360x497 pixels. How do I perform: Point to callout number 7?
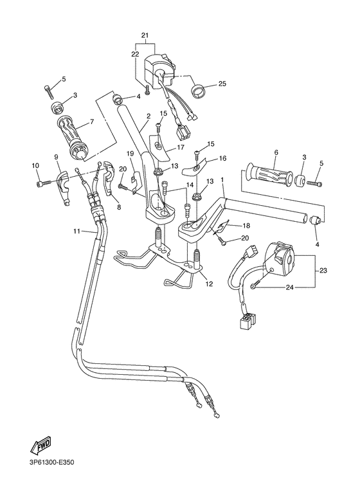tap(91, 122)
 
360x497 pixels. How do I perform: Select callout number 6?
tap(276, 152)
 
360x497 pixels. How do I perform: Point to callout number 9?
tap(56, 157)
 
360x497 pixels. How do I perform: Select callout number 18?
tap(246, 226)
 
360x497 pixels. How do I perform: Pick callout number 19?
tap(130, 153)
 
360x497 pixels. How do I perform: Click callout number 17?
tap(181, 147)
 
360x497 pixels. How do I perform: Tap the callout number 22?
tap(135, 55)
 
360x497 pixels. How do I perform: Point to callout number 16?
tap(222, 158)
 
